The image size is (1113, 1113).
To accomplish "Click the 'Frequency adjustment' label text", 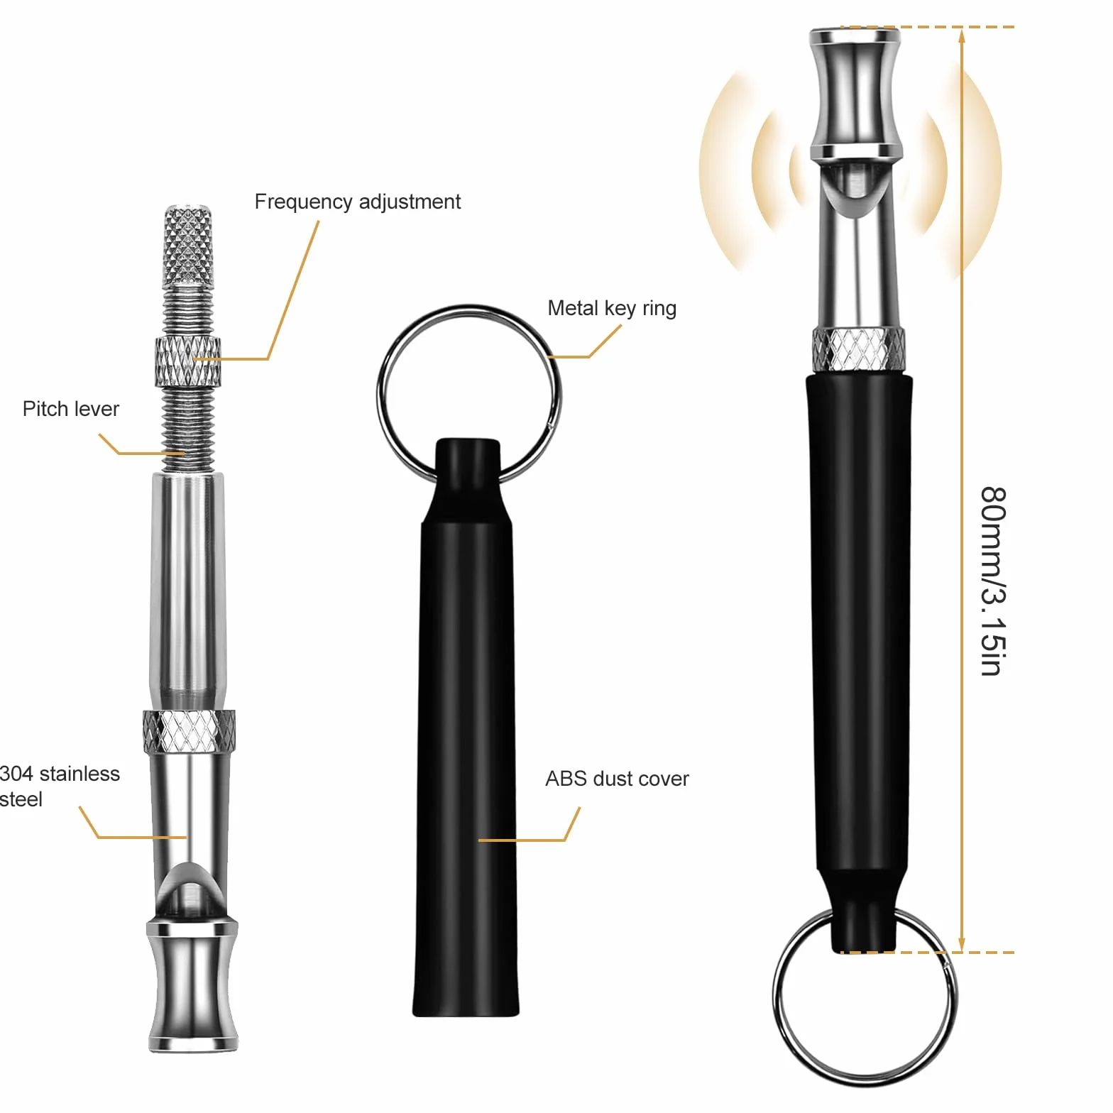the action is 357,202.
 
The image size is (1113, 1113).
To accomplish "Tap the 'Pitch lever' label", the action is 71,409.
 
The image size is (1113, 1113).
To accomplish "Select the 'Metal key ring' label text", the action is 612,309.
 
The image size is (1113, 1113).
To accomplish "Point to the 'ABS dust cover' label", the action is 617,779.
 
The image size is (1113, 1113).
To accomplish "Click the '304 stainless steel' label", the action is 60,786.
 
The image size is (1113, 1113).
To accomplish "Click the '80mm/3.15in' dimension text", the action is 993,581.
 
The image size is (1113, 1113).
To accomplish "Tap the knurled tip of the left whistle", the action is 188,245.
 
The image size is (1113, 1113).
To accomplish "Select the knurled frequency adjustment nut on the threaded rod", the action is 188,361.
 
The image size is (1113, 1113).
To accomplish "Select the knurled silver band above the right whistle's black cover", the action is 859,349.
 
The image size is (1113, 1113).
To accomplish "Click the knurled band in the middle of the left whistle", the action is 189,731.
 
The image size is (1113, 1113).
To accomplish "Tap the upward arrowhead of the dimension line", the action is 962,36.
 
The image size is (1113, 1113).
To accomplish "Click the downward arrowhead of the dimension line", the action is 962,943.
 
